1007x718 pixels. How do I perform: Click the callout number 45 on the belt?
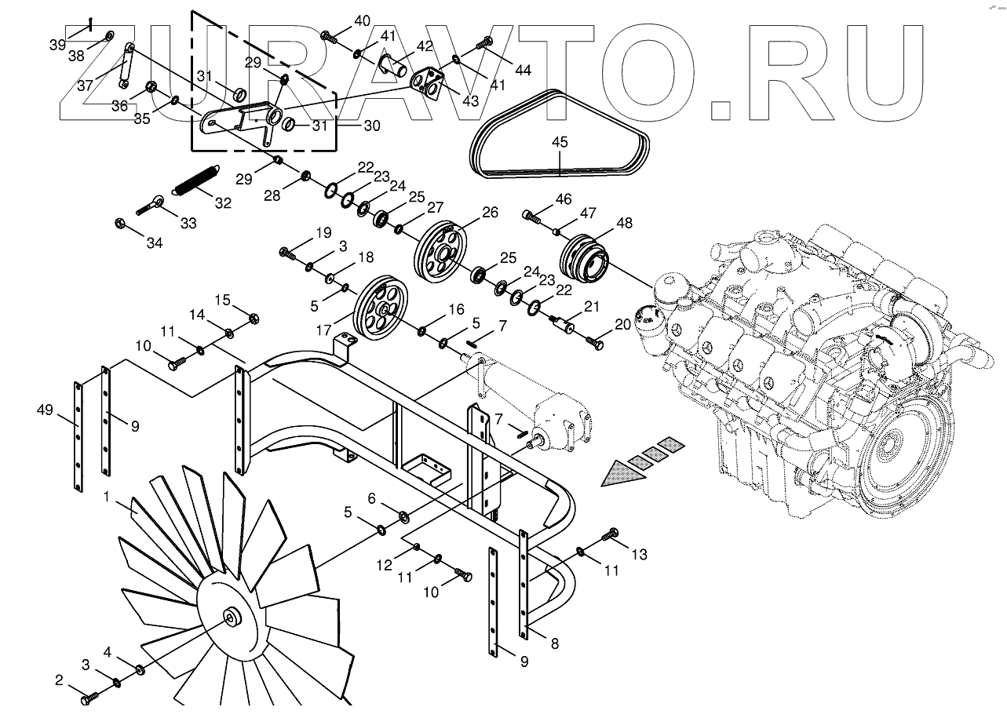tap(560, 142)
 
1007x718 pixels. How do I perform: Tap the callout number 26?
tap(490, 212)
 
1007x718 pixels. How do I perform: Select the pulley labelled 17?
tap(381, 308)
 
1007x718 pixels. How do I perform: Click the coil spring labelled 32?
tap(195, 181)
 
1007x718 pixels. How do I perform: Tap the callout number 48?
tap(624, 223)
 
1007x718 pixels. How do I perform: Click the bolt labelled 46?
tap(533, 215)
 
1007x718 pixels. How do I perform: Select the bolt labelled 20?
tap(595, 341)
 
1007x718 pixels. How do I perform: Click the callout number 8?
tap(554, 643)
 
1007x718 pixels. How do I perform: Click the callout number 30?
tap(371, 125)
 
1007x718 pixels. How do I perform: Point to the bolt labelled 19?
tap(286, 253)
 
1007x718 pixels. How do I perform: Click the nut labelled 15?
tap(254, 318)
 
